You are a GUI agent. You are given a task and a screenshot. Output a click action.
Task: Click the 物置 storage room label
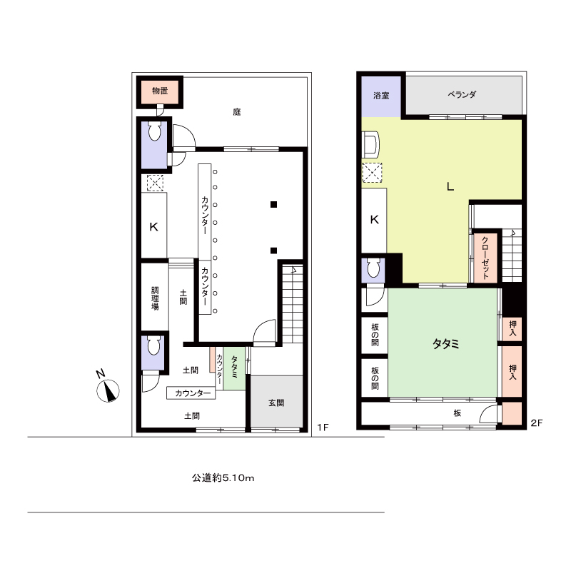click(160, 91)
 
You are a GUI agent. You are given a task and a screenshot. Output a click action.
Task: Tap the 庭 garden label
click(237, 112)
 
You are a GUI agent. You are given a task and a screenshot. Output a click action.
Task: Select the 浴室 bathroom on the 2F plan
click(381, 96)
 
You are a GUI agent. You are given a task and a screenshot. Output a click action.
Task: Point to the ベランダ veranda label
click(462, 95)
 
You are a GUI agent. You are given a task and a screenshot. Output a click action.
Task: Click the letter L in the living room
click(450, 187)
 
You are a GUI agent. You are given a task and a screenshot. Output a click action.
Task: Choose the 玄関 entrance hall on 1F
click(276, 401)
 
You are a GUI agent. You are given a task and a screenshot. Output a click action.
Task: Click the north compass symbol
click(108, 390)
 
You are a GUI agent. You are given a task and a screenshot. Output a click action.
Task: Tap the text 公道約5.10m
click(223, 477)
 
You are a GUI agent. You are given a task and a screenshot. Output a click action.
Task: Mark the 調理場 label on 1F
click(155, 298)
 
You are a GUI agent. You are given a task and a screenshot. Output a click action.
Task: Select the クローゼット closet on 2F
click(485, 258)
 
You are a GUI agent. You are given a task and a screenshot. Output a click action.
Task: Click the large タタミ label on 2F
click(445, 344)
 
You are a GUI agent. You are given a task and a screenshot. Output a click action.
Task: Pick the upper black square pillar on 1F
click(273, 204)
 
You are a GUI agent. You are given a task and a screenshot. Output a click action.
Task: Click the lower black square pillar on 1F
click(273, 251)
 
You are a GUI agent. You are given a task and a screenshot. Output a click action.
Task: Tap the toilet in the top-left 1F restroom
click(155, 131)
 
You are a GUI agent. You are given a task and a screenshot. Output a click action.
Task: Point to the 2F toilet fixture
click(373, 268)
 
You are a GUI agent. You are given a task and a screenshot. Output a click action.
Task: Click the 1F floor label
click(323, 427)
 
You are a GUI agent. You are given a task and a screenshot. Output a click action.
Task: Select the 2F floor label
click(537, 423)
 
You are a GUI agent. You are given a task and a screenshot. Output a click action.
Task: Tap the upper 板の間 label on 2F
click(375, 335)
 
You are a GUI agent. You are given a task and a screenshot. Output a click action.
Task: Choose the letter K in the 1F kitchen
click(154, 227)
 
